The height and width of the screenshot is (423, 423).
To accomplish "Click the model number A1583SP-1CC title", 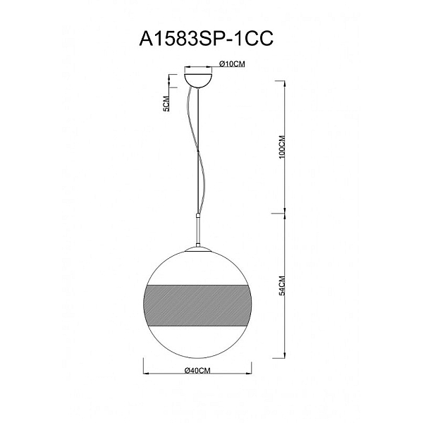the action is coord(207,38).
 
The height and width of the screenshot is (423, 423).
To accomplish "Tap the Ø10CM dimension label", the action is coord(232,64).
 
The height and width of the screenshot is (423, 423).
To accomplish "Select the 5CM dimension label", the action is coord(166,104).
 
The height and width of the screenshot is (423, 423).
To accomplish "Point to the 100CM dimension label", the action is coord(282,147).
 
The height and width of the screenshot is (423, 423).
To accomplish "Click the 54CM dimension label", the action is coord(282,286).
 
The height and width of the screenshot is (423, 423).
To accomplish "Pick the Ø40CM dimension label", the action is coord(197,371).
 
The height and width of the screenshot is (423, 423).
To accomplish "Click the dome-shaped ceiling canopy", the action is coord(198,80).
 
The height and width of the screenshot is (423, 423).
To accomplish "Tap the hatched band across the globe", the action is coord(197,305).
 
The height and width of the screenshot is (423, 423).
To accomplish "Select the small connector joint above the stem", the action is coord(198,216).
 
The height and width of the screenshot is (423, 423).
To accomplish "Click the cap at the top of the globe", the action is coord(198,249).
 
